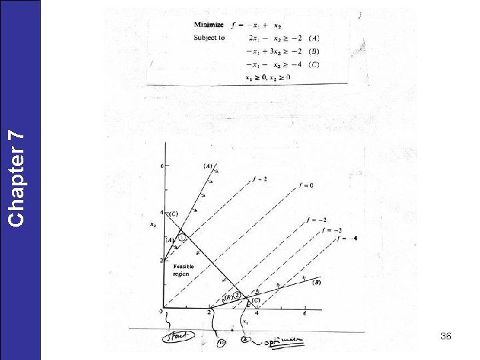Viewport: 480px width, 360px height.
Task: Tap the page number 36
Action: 446,337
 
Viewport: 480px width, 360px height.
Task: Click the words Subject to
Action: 209,38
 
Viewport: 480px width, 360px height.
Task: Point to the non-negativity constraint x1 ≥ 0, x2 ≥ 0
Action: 268,77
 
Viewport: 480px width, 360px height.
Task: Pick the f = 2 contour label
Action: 261,179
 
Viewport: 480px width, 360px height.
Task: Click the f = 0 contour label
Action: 305,185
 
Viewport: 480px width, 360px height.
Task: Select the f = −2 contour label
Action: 317,220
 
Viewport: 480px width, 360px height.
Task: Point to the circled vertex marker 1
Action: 181,237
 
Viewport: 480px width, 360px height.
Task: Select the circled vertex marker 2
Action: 237,295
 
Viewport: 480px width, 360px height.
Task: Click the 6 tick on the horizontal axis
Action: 305,313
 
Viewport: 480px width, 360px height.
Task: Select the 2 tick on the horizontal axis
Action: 209,312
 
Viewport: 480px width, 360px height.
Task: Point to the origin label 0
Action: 161,311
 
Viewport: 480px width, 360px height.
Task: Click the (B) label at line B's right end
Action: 317,282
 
